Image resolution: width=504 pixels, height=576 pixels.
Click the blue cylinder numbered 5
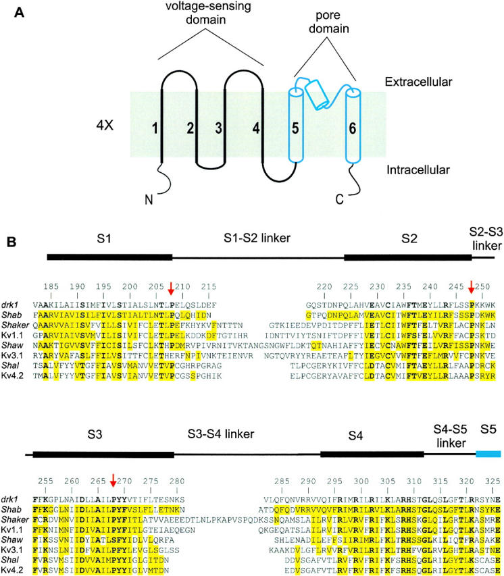tap(298, 128)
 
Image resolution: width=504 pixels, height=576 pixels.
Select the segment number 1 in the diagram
tap(155, 127)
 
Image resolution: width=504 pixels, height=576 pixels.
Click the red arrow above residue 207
tap(171, 289)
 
